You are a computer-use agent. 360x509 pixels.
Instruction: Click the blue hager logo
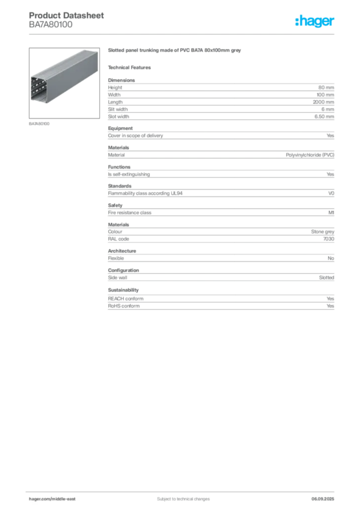(316, 21)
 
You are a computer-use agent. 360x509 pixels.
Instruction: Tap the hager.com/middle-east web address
(56, 499)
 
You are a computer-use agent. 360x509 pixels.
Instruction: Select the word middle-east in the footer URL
(67, 499)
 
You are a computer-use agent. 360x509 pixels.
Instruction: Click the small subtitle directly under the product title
(132, 67)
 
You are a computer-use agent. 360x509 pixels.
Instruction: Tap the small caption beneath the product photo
(40, 123)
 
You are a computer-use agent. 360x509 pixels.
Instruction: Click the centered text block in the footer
(180, 498)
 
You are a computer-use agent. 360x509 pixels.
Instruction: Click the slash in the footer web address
(52, 499)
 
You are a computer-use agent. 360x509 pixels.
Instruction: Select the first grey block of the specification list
(221, 90)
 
